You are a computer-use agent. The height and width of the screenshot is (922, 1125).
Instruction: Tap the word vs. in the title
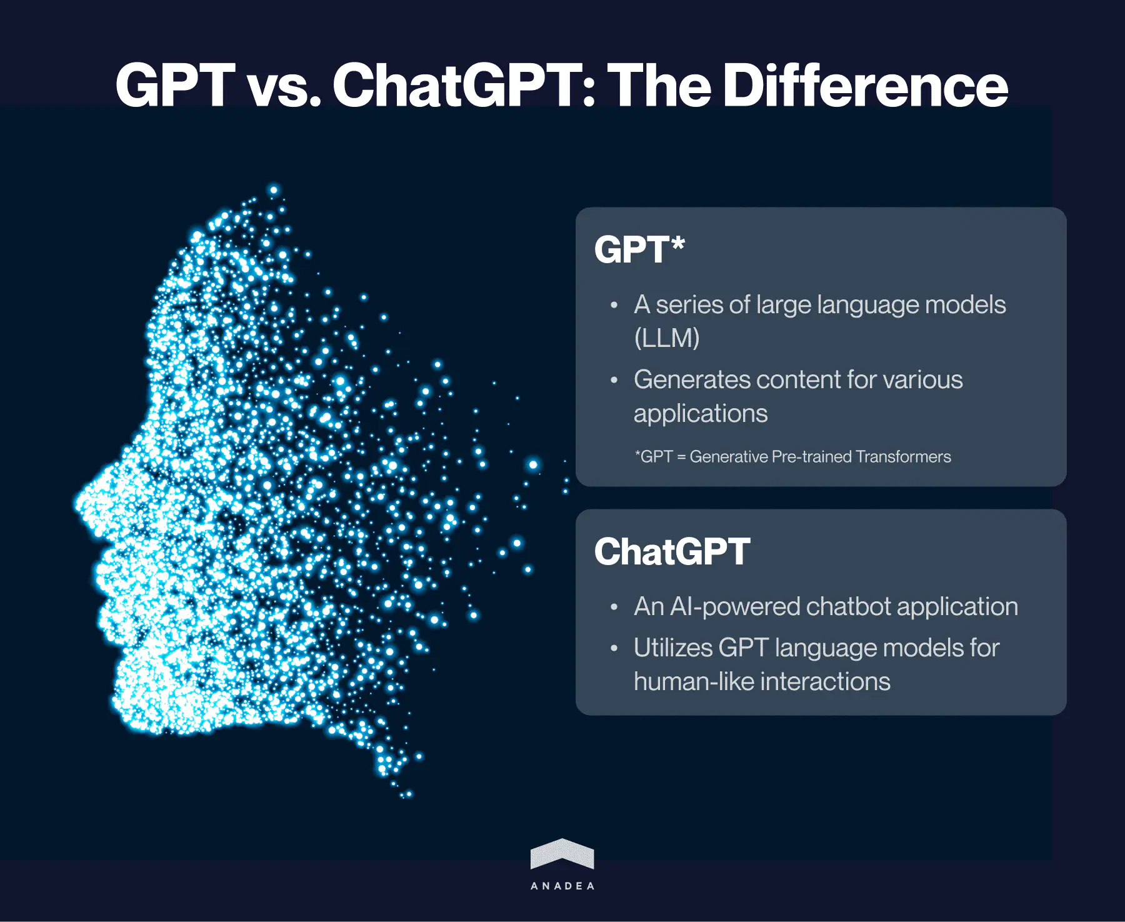coord(284,86)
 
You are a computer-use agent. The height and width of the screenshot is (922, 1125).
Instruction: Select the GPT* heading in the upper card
coord(639,249)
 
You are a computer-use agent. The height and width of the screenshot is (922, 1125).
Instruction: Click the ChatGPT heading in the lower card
coord(672,551)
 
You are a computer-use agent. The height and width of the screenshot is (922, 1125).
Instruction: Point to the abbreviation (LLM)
coord(666,338)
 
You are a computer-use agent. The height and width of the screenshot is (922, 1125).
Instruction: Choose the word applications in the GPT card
coord(700,413)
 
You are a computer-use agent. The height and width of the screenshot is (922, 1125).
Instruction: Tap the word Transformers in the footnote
coord(903,456)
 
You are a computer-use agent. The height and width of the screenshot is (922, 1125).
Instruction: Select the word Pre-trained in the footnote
coord(812,456)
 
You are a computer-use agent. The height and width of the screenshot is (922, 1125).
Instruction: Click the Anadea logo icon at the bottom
coord(562,854)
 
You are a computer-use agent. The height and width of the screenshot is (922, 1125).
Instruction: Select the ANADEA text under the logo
coord(562,886)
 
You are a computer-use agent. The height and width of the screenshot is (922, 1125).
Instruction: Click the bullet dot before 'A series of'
coord(614,306)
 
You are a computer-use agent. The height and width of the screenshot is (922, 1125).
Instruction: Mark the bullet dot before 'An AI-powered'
coord(614,607)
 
